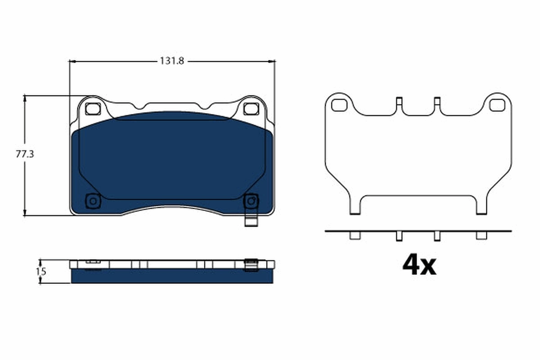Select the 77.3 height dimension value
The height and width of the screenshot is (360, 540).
(x=25, y=154)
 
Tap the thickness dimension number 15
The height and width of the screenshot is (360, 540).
(x=41, y=271)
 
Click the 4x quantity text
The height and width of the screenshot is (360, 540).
(x=419, y=266)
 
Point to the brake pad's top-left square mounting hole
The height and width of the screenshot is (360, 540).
(x=92, y=108)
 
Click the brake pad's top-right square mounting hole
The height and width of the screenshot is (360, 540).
(x=250, y=108)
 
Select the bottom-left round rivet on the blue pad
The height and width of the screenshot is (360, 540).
(x=93, y=201)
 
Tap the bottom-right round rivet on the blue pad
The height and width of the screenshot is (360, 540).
(x=250, y=201)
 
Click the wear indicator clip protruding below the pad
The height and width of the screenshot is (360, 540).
(x=250, y=221)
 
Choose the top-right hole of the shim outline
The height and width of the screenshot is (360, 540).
(x=497, y=105)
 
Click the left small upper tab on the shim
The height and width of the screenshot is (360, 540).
(x=398, y=102)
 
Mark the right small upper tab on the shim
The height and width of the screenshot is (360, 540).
(x=436, y=102)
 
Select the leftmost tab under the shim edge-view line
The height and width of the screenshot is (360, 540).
(x=355, y=235)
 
